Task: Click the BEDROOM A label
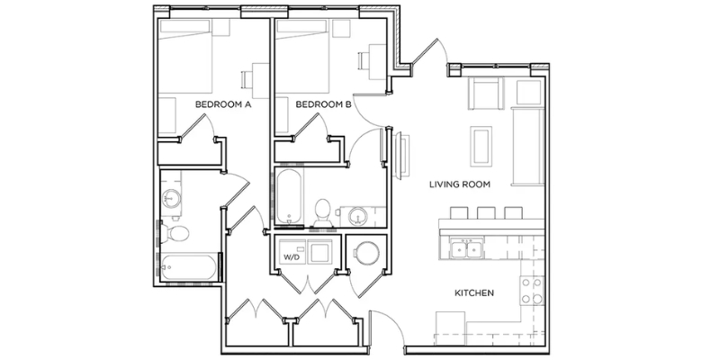coord(223,104)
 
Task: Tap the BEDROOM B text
coord(324,104)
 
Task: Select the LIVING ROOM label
coord(460,184)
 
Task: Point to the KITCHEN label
coord(474,293)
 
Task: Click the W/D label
coord(291,257)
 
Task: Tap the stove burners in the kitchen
coord(532,291)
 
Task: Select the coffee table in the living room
coord(481,147)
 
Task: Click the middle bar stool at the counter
coord(486,212)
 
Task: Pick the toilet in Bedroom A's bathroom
coord(175,233)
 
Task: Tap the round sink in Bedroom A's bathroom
coord(171,197)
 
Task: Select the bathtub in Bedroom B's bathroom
coord(290,197)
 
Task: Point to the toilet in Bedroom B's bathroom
coord(322,212)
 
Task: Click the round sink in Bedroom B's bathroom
coord(357,217)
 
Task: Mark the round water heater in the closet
coord(367,254)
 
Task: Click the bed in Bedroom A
coord(185,56)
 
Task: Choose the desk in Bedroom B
coord(377,62)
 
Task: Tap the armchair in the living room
coord(486,93)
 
